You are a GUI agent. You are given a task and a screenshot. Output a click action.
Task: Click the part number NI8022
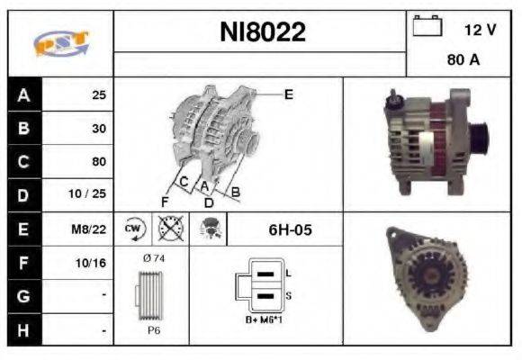click(263, 33)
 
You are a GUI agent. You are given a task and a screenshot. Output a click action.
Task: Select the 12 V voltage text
click(480, 30)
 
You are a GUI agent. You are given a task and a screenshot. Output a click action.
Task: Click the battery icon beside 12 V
click(426, 27)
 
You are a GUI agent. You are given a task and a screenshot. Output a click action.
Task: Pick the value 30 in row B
click(98, 128)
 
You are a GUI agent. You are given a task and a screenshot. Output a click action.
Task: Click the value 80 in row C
click(98, 162)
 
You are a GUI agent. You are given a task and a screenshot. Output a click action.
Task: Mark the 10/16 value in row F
click(93, 264)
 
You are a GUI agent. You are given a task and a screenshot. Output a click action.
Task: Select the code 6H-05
click(290, 229)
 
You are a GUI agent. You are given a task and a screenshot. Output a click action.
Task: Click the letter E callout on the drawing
click(290, 94)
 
